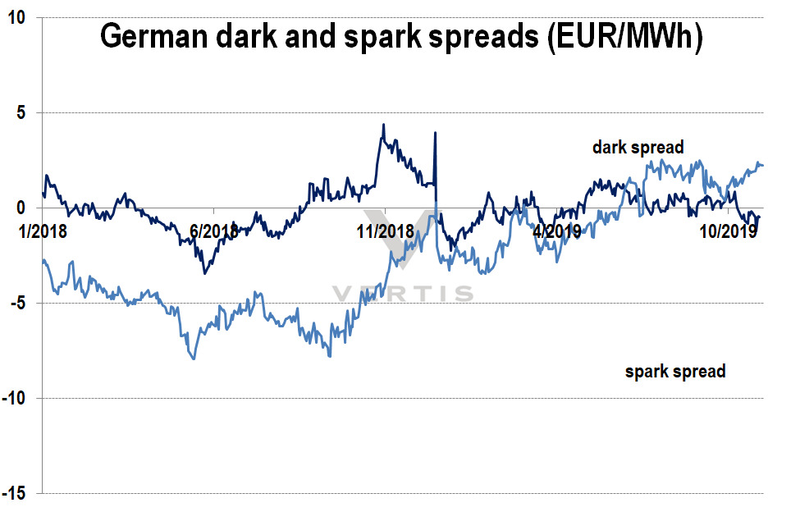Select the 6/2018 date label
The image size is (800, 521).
click(213, 232)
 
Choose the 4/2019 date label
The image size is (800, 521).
click(556, 232)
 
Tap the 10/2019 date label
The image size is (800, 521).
click(727, 232)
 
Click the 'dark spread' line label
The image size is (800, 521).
click(638, 149)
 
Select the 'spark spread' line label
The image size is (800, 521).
click(675, 372)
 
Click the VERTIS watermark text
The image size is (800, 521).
click(402, 293)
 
